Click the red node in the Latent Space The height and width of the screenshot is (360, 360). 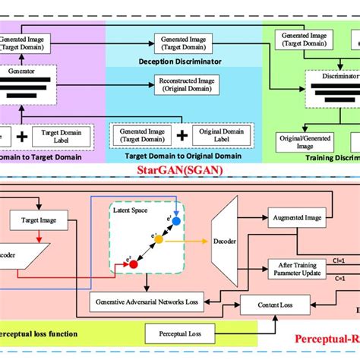click(122, 265)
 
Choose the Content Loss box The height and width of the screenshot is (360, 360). click(265, 305)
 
